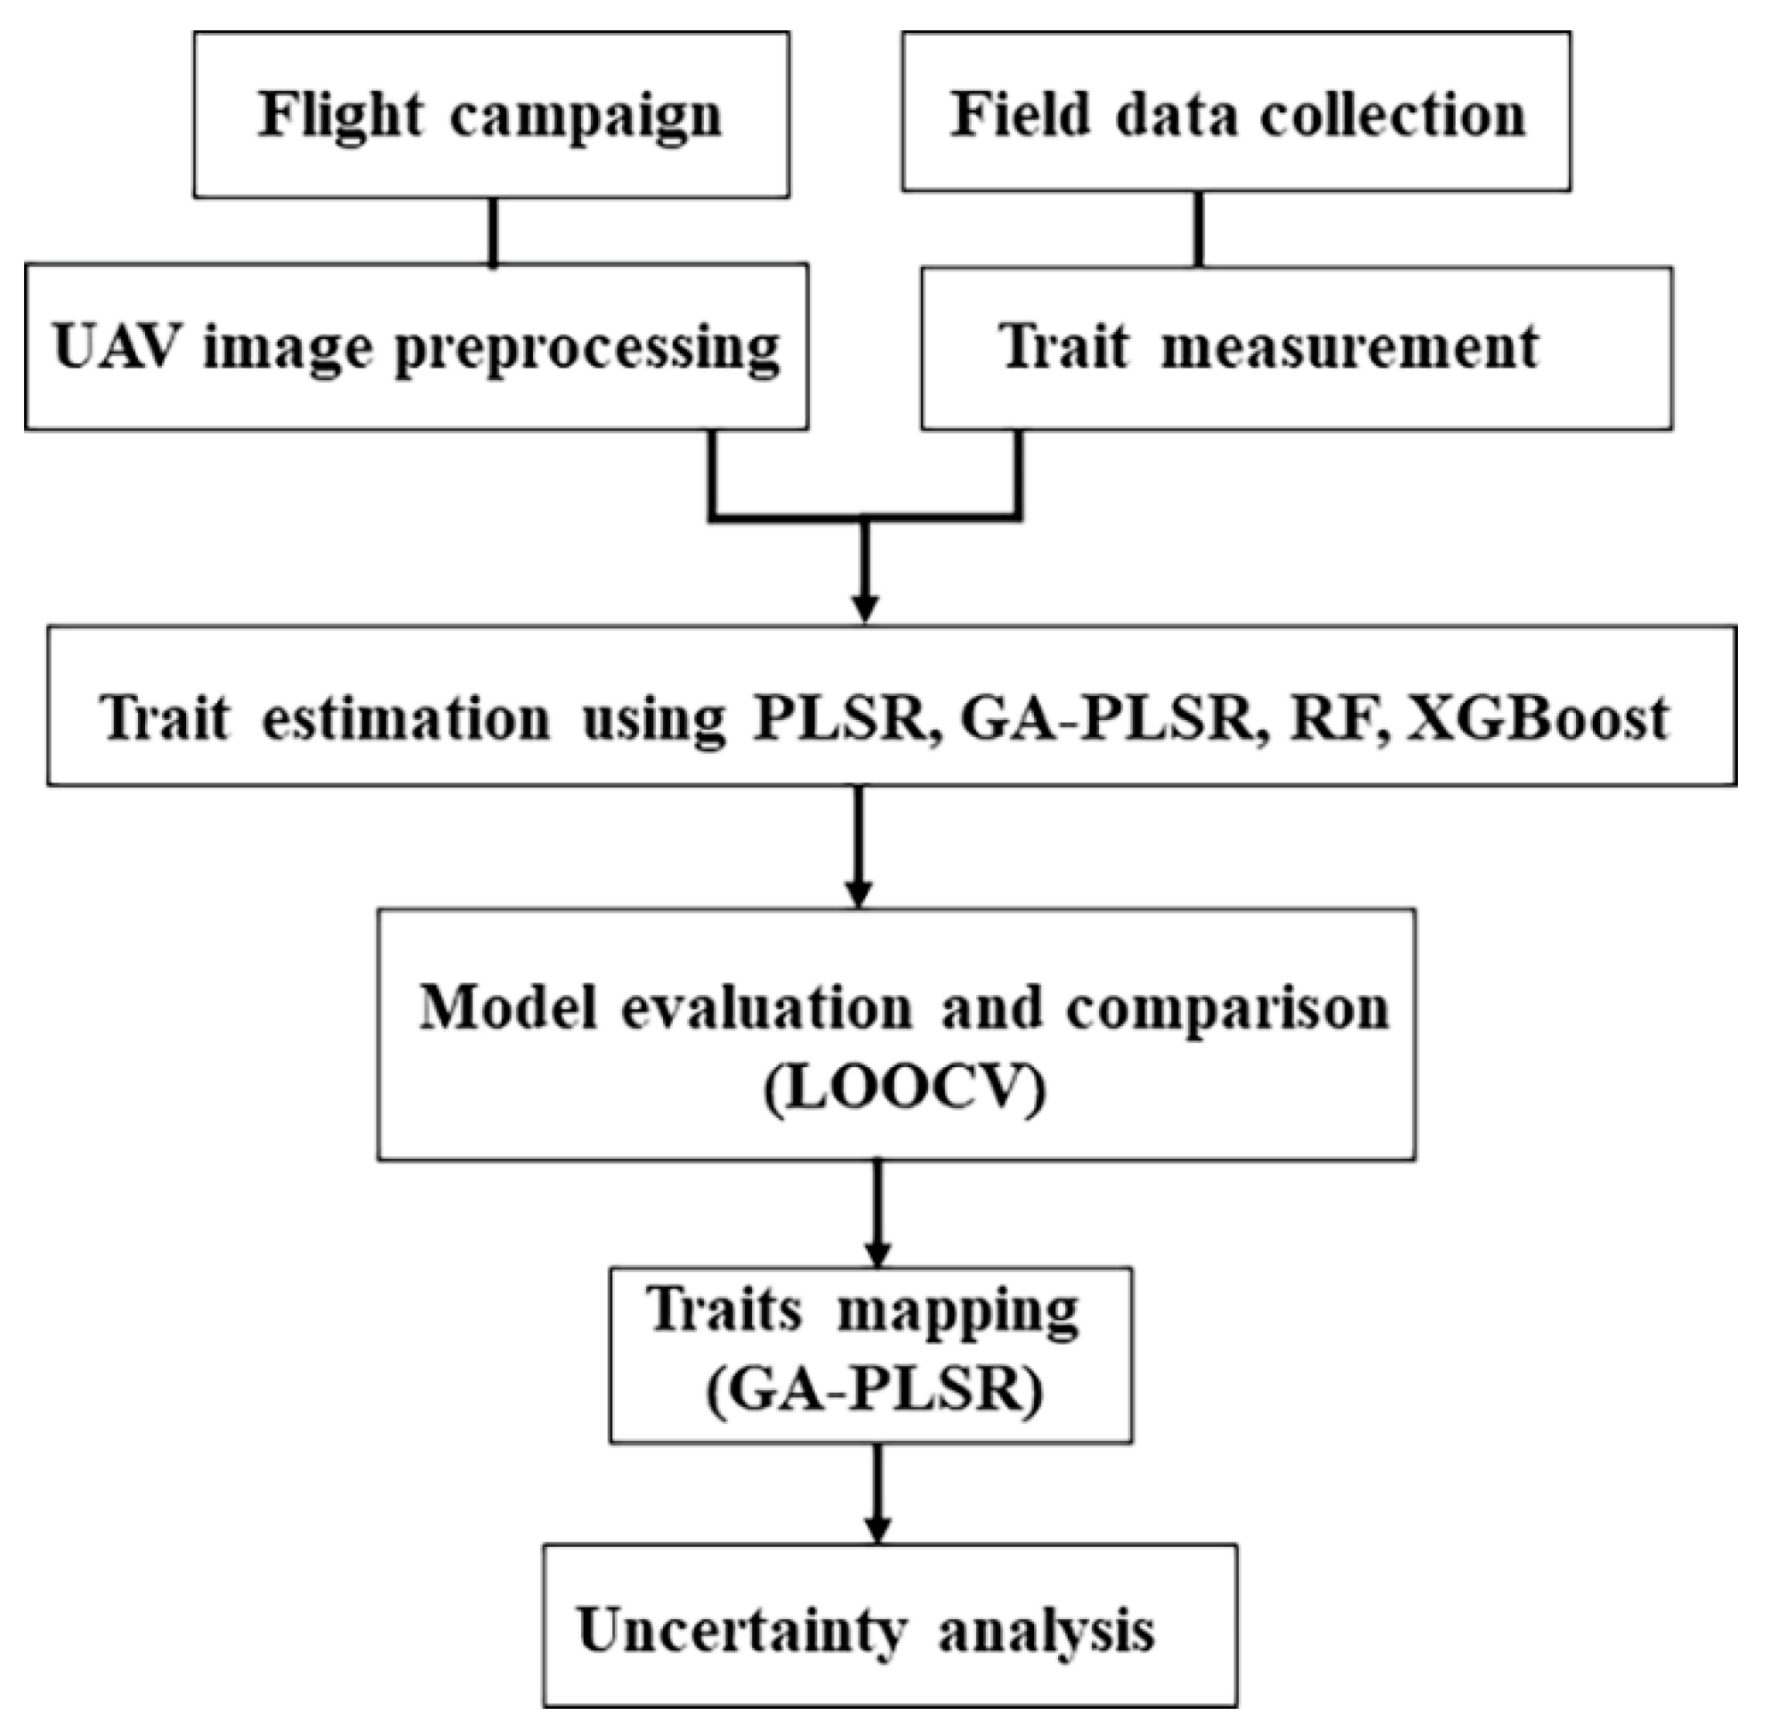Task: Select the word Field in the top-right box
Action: [x=1021, y=116]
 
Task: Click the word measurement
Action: [x=1350, y=348]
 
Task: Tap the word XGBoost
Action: [x=1537, y=718]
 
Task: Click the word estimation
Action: [x=406, y=718]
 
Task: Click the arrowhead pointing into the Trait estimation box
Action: [x=865, y=609]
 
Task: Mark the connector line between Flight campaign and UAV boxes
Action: [x=493, y=231]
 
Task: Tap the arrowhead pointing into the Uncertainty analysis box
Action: [x=877, y=1528]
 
